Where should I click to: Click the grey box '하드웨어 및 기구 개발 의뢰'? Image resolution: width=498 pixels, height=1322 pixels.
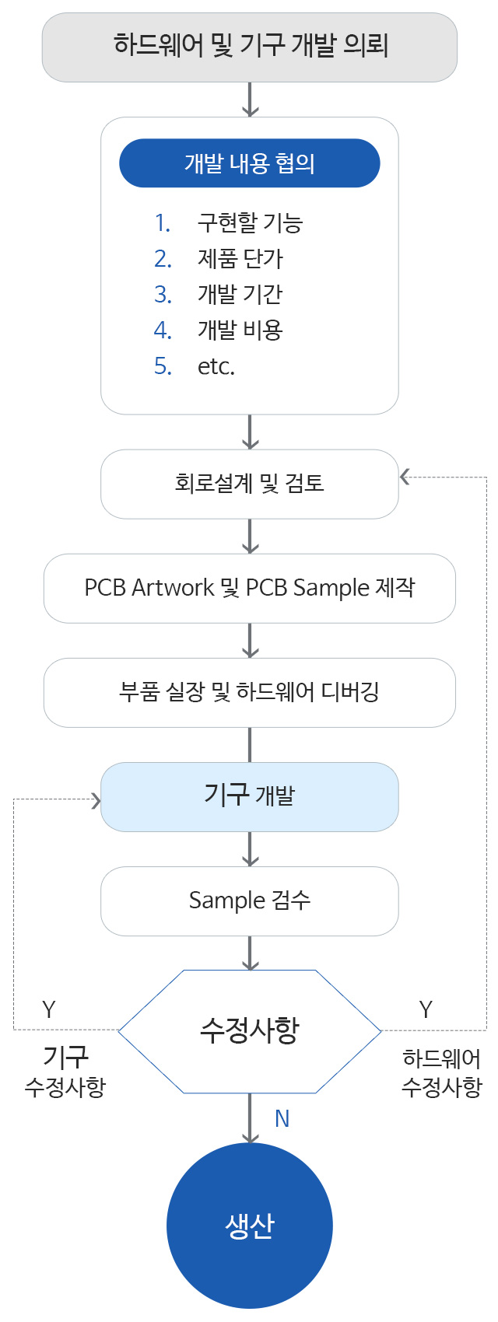coord(249,47)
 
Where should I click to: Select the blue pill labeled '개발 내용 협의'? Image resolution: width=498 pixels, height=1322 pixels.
coord(249,163)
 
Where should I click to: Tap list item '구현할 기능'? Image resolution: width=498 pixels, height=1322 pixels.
coord(249,223)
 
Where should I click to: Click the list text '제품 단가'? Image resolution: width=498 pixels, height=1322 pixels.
coord(240,259)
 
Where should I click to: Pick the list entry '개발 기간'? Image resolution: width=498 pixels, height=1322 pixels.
coord(240,295)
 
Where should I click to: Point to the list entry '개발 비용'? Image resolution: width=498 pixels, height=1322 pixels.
coord(240,330)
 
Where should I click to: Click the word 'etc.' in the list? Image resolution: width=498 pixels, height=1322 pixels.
coord(216,366)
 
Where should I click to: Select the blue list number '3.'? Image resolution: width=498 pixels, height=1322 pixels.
coord(163,295)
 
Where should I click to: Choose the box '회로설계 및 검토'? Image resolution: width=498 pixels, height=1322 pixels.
coord(249,484)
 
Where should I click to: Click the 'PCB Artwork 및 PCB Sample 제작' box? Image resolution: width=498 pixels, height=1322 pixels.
coord(249,588)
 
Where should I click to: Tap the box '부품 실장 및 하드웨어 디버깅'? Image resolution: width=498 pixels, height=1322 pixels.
coord(249,692)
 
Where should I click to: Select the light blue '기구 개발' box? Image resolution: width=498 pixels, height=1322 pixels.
coord(249,796)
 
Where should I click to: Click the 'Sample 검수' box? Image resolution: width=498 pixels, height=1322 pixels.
coord(249,901)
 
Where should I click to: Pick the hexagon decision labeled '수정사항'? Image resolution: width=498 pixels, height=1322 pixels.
coord(249,1030)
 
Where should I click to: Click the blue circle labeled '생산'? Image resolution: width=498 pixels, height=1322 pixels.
coord(249,1226)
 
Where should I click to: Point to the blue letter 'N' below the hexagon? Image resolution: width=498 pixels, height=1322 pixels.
coord(282,1119)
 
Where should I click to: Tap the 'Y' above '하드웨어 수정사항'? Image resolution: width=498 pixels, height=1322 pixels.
coord(426,1009)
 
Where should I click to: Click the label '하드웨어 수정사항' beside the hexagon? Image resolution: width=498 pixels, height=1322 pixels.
coord(441,1072)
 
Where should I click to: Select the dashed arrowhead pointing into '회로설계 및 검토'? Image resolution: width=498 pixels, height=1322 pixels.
coord(405,477)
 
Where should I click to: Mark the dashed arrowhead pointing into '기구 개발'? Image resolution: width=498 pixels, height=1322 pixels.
coord(96,800)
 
